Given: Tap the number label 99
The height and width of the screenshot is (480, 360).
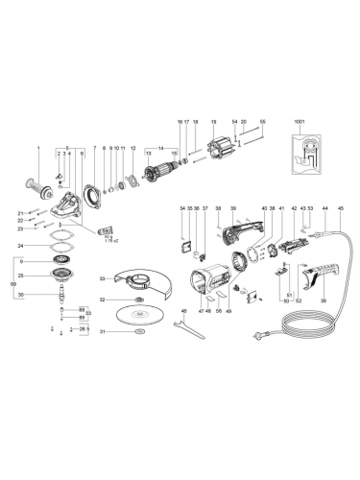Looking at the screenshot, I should click(12, 285).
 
